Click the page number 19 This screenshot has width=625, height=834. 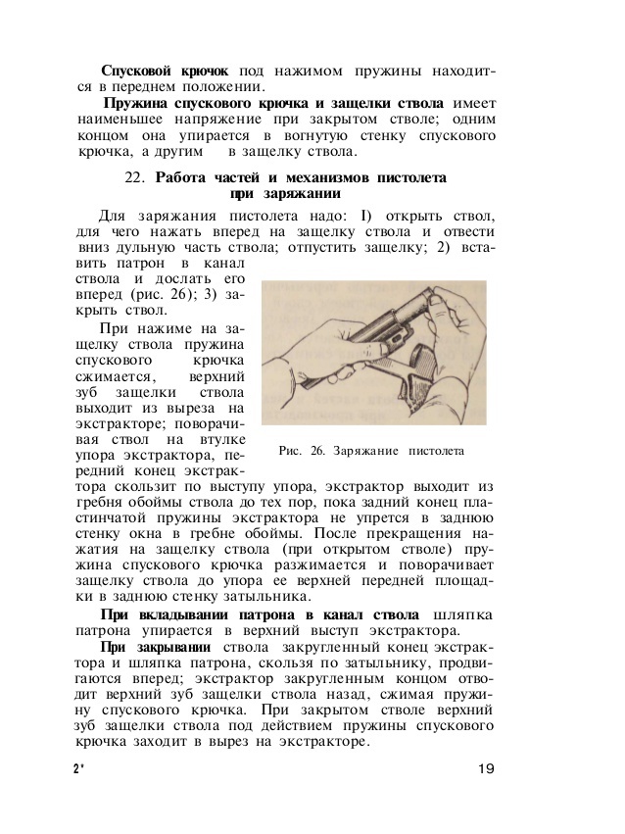click(486, 767)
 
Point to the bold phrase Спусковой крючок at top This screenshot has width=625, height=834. click(165, 71)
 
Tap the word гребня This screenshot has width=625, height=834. click(105, 504)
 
